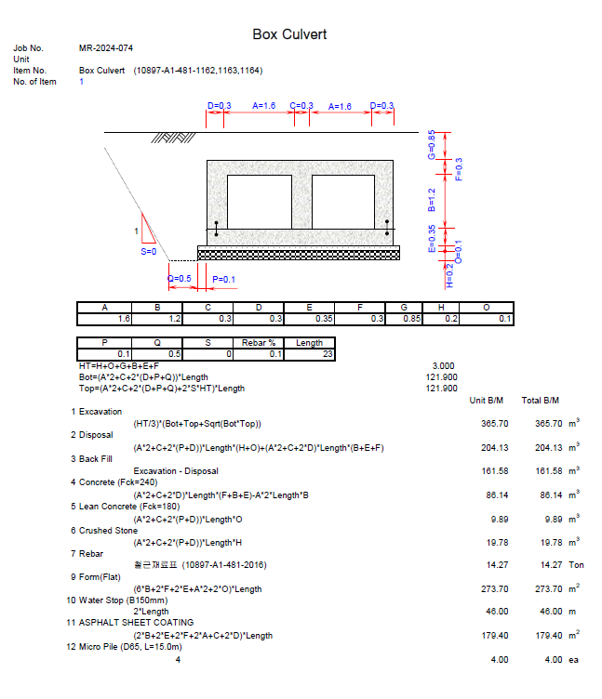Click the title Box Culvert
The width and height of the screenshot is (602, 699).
(x=289, y=34)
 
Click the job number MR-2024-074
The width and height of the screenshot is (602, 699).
(x=106, y=48)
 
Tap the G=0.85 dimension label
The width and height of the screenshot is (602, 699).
(x=431, y=144)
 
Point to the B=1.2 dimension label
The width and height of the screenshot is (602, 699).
(x=431, y=200)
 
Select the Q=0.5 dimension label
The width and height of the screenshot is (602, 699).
(x=179, y=279)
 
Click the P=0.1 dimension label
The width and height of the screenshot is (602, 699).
(x=223, y=280)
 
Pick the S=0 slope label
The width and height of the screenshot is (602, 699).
(x=149, y=251)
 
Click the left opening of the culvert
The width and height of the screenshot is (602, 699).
(x=260, y=202)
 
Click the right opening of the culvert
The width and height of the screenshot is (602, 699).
(x=343, y=202)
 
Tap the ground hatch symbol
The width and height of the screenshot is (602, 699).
(x=173, y=138)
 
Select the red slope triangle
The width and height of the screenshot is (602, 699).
(x=148, y=229)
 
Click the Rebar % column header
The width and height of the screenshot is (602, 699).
(x=259, y=343)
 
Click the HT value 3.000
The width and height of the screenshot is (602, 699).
(x=443, y=366)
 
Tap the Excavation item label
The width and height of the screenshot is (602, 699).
(x=100, y=412)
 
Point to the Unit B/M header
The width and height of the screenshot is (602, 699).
(x=486, y=401)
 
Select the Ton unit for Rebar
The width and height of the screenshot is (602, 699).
(x=576, y=565)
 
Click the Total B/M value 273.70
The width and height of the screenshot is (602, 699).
(x=548, y=589)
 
